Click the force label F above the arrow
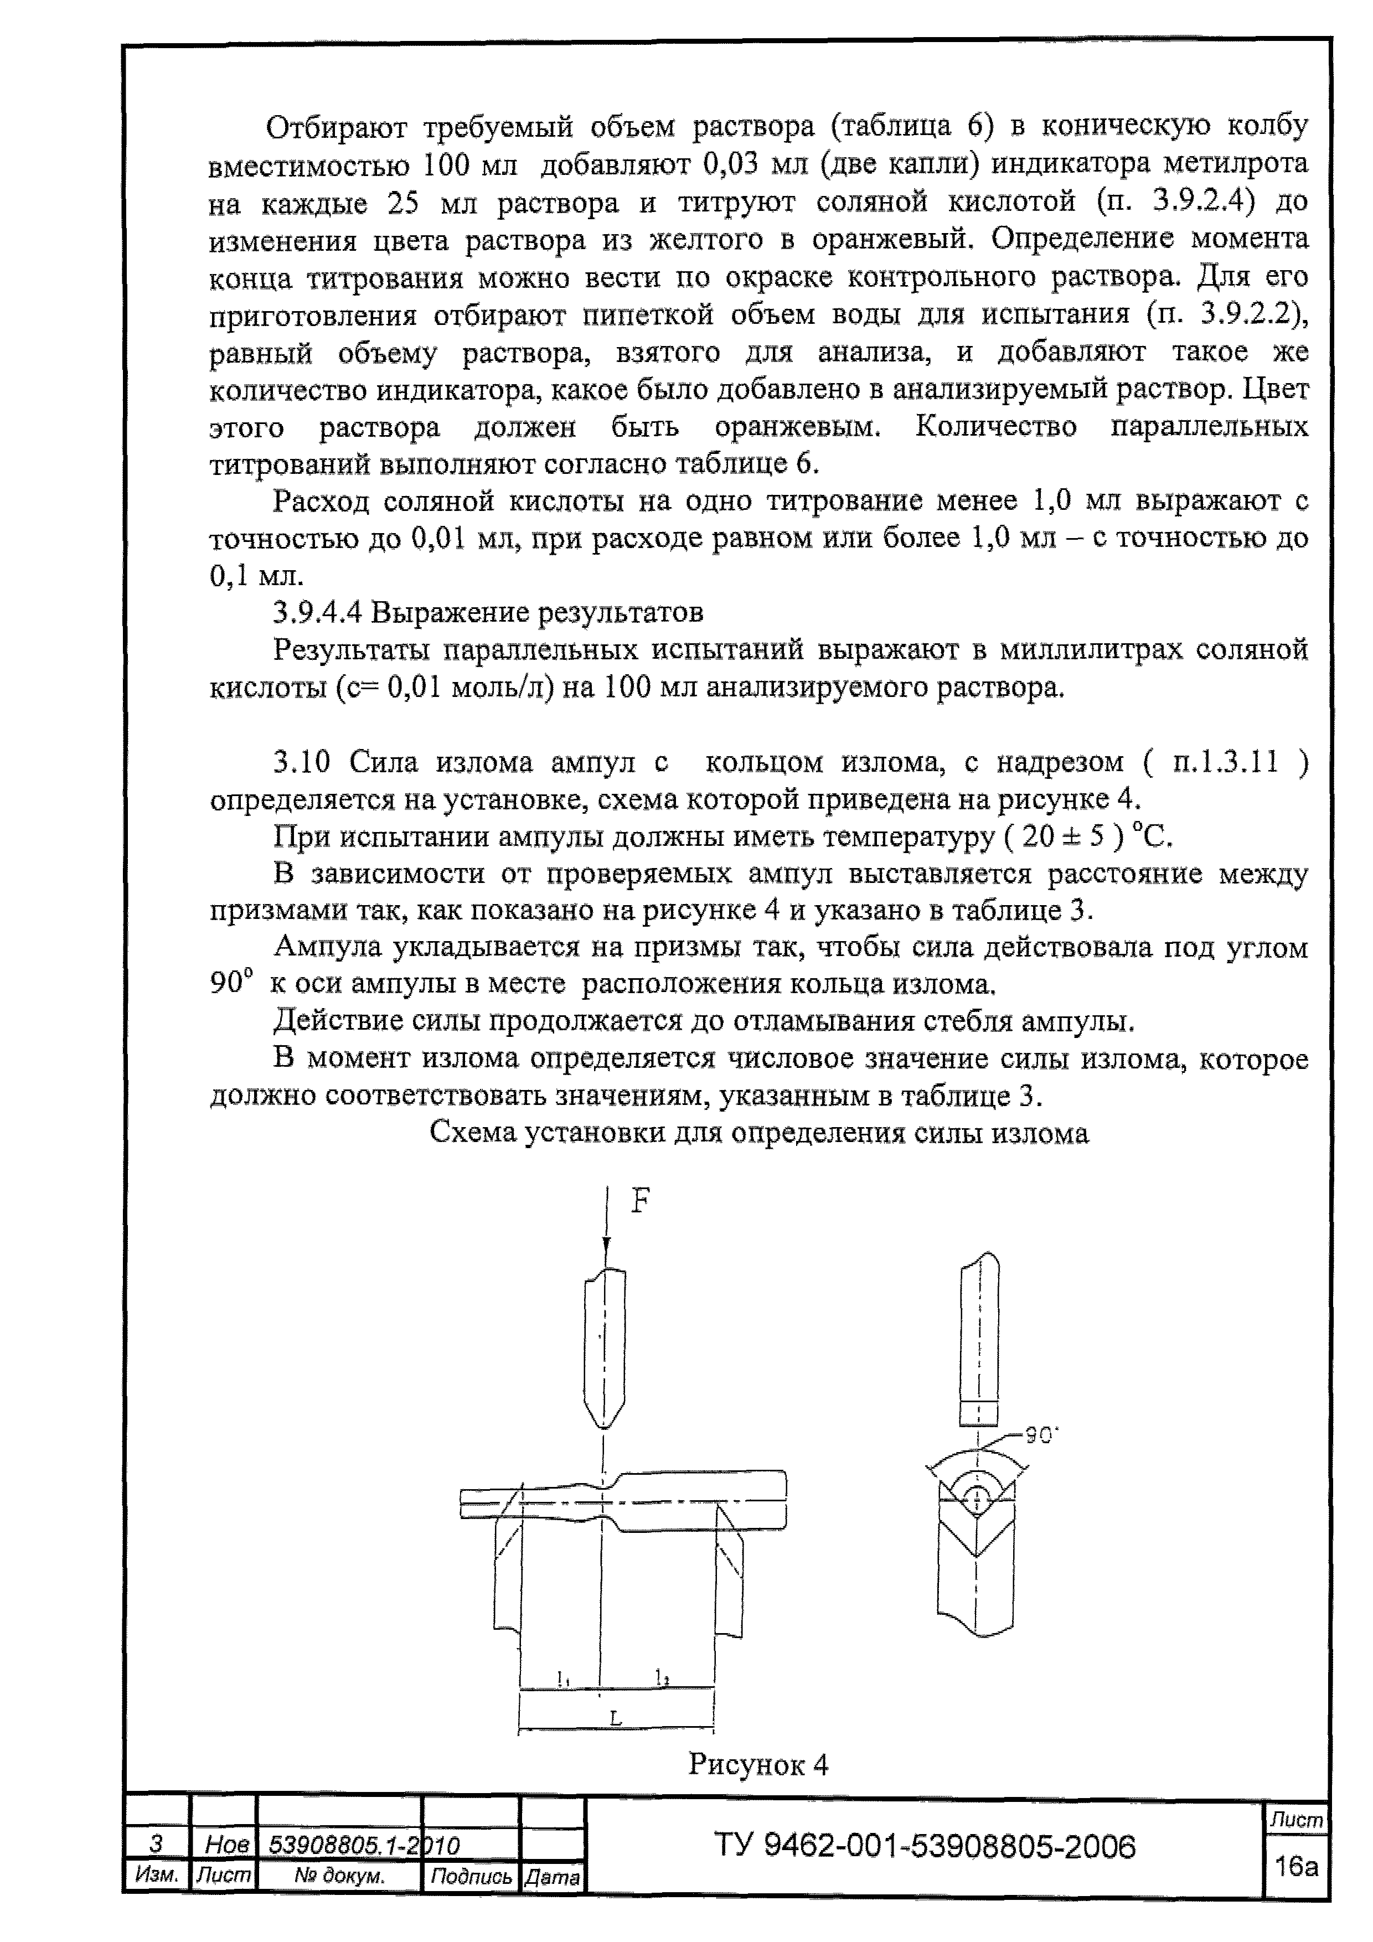(x=641, y=1201)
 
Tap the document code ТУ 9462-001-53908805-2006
(x=925, y=1846)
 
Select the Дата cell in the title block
(x=551, y=1878)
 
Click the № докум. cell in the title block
(x=339, y=1877)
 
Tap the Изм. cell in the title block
(x=157, y=1876)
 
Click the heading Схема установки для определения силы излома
(x=759, y=1133)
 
